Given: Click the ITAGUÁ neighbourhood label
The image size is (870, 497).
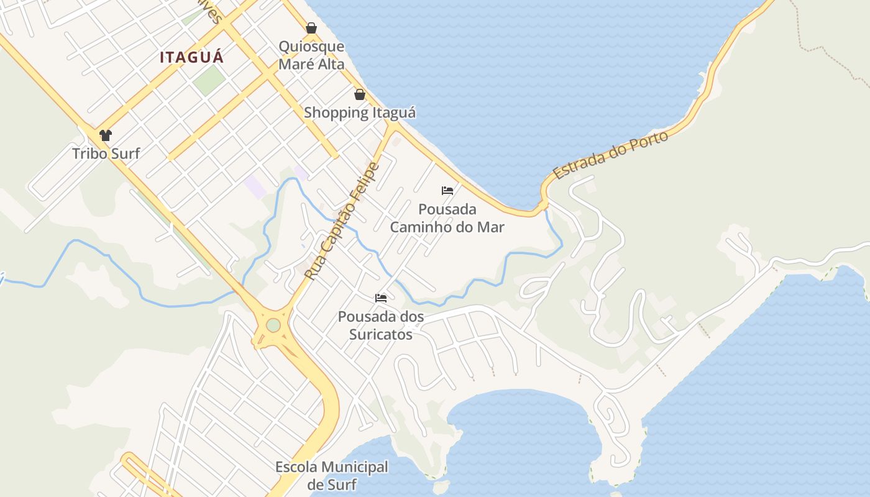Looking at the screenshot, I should pos(191,57).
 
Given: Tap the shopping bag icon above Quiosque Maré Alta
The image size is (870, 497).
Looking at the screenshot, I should pos(311,28).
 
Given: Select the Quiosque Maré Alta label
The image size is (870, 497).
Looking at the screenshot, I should pos(311,55).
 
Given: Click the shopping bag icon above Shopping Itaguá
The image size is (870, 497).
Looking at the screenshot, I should pos(359,94).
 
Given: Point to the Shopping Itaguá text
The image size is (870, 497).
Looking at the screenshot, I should pos(359,113).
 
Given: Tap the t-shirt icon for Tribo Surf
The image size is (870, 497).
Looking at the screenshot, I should pos(106,135).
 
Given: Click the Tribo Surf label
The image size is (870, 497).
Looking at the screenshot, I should pos(106,153).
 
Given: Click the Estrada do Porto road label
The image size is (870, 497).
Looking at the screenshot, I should pos(610,155).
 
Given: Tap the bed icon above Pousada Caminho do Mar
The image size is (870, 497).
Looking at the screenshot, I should pos(447,191).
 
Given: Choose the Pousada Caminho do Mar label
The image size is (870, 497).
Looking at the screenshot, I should pos(447,218).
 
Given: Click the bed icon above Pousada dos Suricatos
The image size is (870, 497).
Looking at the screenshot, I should pos(381,298).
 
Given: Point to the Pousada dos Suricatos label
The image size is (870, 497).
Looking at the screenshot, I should pos(381,326).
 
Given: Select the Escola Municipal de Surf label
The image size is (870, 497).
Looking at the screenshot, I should pos(332,475).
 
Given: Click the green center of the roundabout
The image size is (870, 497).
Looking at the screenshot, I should pos(273,325).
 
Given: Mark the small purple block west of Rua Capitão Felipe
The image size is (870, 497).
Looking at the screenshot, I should pos(255,186).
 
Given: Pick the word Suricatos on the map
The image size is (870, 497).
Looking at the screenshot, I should pos(381,335).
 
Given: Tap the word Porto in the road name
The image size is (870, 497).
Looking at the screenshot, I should pos(649,140).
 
